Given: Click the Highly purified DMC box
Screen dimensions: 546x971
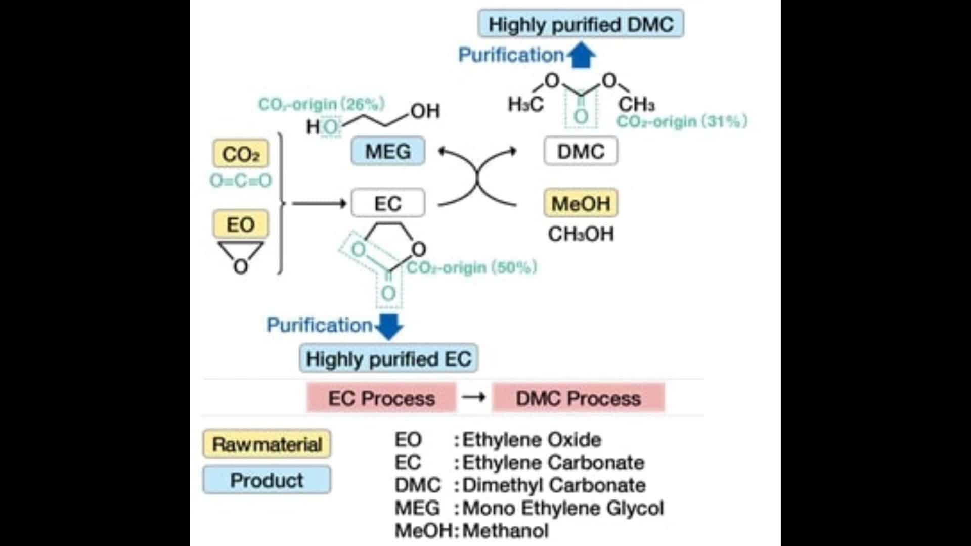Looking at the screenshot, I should [581, 24].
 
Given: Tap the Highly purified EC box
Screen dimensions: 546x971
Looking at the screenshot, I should [388, 359].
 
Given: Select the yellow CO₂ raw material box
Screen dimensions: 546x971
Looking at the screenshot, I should [241, 154].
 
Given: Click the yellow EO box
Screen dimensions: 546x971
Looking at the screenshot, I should [241, 224].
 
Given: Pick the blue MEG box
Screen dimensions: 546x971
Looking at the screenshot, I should [388, 151].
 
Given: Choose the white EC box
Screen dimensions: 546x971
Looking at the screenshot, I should [388, 203].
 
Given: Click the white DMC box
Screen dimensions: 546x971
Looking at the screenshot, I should [581, 151].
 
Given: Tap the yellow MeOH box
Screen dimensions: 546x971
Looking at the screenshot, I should [581, 203].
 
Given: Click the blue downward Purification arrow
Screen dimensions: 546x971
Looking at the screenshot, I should [389, 326].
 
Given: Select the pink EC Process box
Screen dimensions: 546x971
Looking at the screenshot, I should [381, 398].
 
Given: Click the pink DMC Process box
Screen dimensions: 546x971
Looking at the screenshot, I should [578, 398].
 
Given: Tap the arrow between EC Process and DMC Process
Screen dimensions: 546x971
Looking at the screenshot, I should [474, 397].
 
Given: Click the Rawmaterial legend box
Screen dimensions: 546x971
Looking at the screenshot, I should [267, 444].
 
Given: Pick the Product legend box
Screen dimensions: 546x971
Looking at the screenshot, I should [267, 480].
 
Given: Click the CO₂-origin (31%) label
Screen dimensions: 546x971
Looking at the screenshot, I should [682, 121].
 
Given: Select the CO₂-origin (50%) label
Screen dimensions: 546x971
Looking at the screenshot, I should [471, 267].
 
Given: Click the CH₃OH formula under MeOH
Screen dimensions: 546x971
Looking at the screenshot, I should [581, 234].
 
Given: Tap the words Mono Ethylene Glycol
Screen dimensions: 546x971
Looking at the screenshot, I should [563, 508].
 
